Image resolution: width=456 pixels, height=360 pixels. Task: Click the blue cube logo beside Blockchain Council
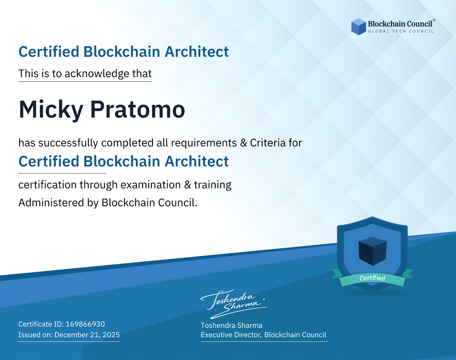tap(358, 27)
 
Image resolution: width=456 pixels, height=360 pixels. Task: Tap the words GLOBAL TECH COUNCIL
tap(401, 31)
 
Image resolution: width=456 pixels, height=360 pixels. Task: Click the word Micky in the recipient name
tap(51, 110)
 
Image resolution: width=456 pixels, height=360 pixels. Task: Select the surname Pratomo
tap(138, 110)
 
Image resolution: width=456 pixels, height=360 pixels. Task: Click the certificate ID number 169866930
tap(85, 324)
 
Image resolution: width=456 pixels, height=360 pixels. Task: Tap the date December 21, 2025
tap(87, 335)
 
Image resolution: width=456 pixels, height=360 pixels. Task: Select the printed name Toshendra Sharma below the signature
tap(231, 325)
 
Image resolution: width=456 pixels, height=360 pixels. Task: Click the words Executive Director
tap(231, 335)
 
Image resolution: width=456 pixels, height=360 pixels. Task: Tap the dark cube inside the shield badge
tap(372, 251)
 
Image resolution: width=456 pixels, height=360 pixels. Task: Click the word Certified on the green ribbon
tap(372, 278)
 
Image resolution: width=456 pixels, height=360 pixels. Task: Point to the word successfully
tap(68, 143)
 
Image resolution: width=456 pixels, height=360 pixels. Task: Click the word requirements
tap(204, 143)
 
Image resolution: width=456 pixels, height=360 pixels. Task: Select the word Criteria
tap(268, 143)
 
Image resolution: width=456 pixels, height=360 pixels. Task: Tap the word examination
tap(151, 185)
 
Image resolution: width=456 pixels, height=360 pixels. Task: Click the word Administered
tap(51, 203)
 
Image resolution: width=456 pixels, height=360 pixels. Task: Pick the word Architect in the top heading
tap(197, 52)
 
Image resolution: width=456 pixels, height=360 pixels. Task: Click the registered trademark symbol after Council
tap(434, 20)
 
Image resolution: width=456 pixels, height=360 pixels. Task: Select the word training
tap(212, 185)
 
